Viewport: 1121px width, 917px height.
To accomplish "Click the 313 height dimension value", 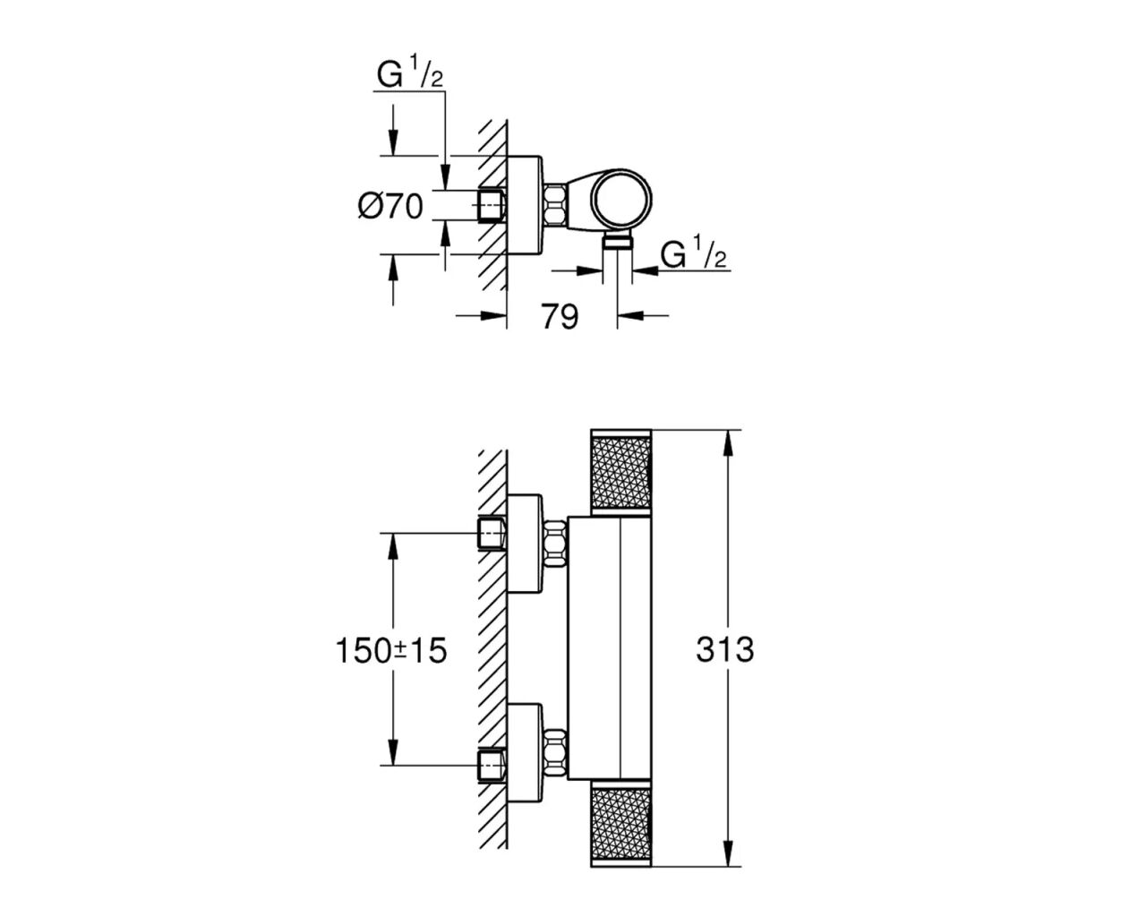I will click(724, 649).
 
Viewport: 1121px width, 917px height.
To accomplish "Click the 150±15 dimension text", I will click(390, 650).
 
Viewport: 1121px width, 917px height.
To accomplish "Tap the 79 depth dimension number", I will click(560, 316).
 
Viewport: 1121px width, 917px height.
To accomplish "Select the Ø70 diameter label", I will click(390, 207).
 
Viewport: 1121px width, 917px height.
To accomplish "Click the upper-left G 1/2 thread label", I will click(409, 75).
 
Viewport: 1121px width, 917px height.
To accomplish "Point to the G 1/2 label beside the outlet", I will click(693, 255).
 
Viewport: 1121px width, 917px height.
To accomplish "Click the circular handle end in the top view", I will click(623, 200).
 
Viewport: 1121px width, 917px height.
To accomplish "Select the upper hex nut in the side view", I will click(555, 544).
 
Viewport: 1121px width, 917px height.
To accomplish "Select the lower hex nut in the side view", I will click(555, 752).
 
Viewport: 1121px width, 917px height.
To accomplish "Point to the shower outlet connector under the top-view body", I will click(617, 241).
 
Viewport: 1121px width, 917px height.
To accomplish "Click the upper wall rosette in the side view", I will click(526, 543).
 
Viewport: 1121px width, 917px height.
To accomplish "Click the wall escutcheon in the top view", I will click(526, 206).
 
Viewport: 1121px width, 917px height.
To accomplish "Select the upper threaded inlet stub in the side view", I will click(492, 534).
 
